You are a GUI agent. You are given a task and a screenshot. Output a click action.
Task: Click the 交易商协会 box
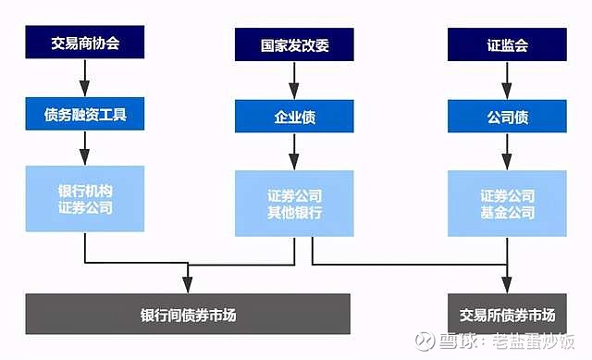tap(85, 43)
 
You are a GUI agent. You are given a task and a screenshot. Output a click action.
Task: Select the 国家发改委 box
tap(294, 43)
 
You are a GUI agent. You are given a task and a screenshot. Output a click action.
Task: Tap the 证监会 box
tap(507, 43)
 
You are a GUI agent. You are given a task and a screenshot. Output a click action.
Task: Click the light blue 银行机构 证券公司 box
tap(85, 199)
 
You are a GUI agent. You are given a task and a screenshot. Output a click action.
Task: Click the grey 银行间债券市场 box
tap(189, 314)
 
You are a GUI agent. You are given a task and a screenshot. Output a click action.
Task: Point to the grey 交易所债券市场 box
tap(507, 314)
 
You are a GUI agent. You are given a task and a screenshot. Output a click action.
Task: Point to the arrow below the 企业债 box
tap(294, 151)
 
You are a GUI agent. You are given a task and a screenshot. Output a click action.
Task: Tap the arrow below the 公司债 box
tap(507, 151)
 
